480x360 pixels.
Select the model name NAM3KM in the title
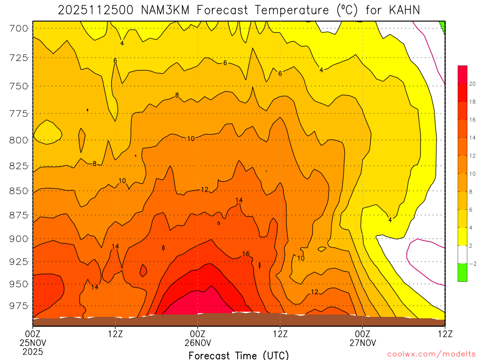(x=166, y=9)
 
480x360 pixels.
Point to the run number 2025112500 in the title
(x=96, y=9)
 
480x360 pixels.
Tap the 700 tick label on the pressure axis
(x=19, y=29)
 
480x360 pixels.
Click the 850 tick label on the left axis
(x=19, y=191)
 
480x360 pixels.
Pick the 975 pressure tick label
(x=19, y=306)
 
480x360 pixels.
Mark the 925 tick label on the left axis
(x=19, y=261)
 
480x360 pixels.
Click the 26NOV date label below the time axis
(x=197, y=342)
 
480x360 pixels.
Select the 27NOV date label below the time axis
(x=363, y=342)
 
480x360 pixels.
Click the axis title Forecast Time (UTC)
(x=239, y=355)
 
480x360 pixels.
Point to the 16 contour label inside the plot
(x=246, y=254)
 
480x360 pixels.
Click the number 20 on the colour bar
(x=473, y=84)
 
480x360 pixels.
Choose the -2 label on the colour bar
(x=472, y=263)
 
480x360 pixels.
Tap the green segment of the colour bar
(x=462, y=272)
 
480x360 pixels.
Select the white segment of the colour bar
(x=462, y=255)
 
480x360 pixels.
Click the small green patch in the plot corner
(x=442, y=25)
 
